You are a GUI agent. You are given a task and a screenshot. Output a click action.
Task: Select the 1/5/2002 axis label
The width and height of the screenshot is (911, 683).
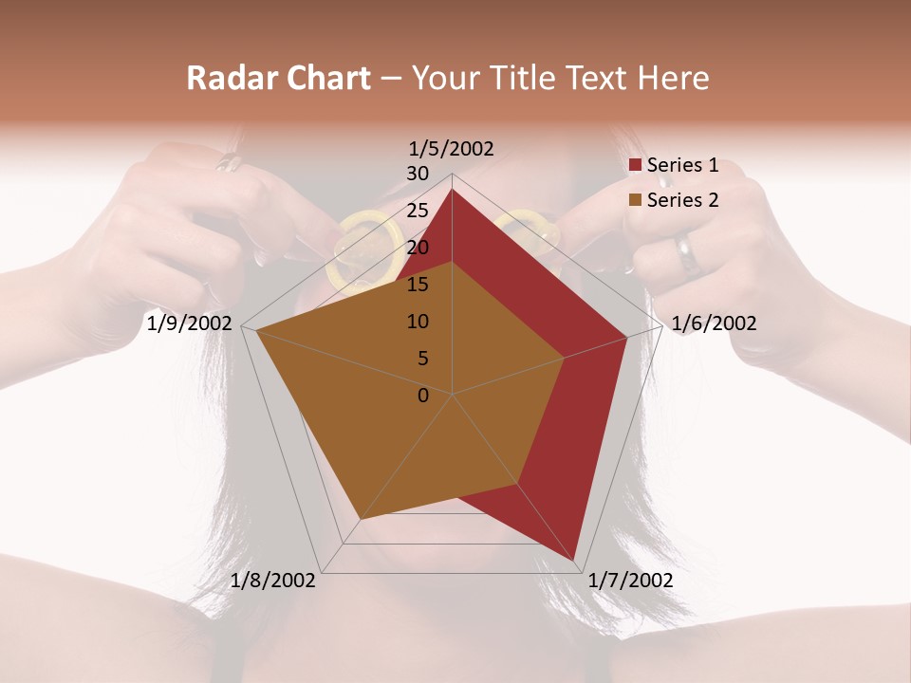pos(452,148)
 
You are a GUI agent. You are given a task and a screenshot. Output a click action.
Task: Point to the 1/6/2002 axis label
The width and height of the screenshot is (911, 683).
pos(714,323)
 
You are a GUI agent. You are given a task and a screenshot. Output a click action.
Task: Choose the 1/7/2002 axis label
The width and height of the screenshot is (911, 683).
pos(630,581)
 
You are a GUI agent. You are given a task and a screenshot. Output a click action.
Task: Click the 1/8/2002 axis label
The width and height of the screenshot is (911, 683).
pos(273,581)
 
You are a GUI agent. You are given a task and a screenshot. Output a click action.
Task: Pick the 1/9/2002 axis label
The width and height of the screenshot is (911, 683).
pos(190,323)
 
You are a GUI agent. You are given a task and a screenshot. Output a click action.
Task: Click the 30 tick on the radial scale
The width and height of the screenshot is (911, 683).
pos(418,174)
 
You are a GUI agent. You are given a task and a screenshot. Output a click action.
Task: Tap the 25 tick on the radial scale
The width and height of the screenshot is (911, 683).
pos(418,211)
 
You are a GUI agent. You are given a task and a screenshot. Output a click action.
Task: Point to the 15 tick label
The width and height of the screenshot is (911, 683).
pos(418,285)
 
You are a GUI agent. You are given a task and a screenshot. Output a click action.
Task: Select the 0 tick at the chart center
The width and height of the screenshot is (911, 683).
pos(423,396)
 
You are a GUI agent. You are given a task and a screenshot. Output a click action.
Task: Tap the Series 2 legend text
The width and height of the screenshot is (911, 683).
pos(682,200)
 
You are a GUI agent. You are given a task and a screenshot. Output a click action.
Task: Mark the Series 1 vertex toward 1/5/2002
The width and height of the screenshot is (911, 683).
pos(453,189)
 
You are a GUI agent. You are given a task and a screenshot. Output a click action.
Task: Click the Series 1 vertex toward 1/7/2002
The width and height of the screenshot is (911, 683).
pos(575,560)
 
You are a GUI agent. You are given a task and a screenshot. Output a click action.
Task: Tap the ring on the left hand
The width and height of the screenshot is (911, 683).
pos(229,163)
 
